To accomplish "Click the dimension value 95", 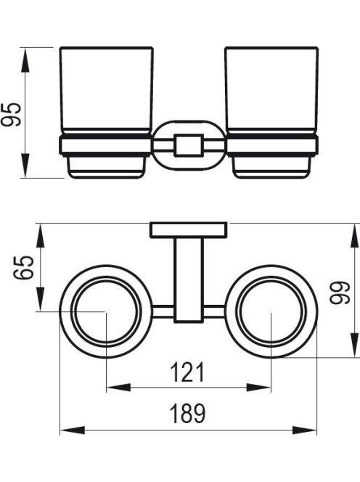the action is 12,115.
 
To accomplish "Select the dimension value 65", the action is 24,267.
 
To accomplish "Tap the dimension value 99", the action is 340,293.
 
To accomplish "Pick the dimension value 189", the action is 187,413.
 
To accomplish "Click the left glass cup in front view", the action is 107,90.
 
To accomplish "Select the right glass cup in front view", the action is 271,90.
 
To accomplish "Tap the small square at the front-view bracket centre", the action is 189,145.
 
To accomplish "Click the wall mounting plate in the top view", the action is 189,230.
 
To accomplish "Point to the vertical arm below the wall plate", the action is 189,280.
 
